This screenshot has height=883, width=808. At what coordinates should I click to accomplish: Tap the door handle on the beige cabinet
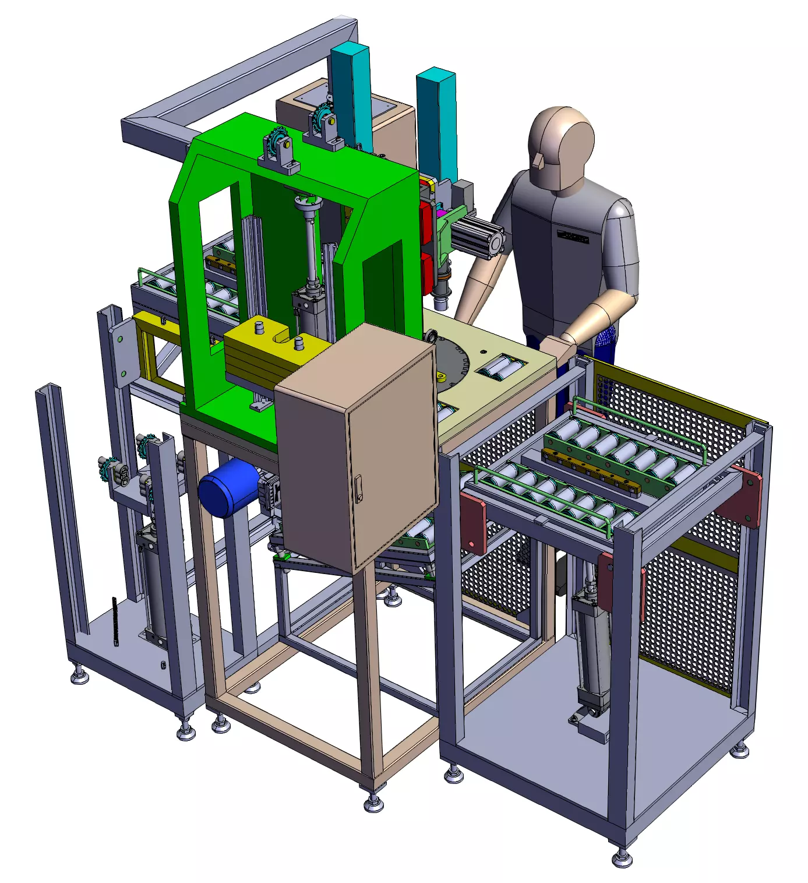(358, 488)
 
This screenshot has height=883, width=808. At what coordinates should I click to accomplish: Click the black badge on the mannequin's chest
(572, 236)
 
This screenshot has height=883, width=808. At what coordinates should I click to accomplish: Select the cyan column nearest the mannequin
(436, 125)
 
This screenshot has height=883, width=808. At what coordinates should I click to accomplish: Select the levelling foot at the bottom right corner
(622, 857)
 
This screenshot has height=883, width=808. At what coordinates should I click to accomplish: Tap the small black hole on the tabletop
(483, 351)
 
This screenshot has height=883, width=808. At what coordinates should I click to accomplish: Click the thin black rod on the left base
(115, 621)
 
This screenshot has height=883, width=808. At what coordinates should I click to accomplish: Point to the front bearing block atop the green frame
(279, 153)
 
